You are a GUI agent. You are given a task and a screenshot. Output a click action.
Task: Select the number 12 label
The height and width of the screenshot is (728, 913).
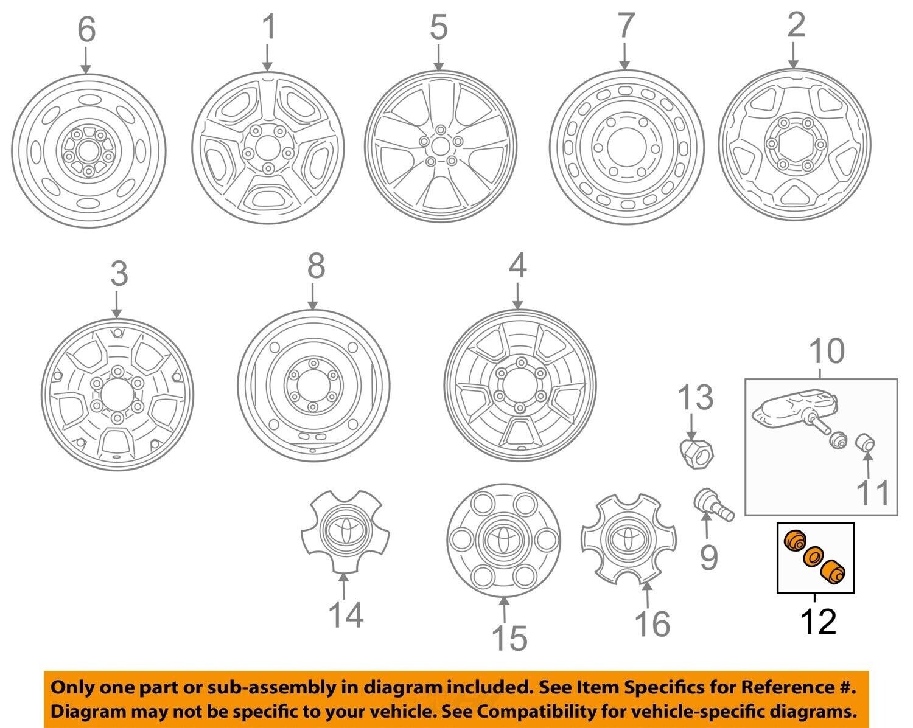819,622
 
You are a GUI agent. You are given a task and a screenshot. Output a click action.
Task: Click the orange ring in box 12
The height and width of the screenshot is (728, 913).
813,558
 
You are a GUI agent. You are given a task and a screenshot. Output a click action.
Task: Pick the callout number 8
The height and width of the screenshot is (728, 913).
315,266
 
